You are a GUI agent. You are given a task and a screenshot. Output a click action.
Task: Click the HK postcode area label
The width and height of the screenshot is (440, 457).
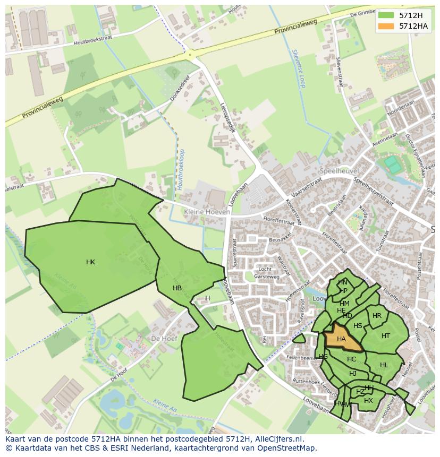click(x=90, y=262)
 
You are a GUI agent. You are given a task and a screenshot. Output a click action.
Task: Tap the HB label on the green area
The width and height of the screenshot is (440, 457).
click(x=177, y=288)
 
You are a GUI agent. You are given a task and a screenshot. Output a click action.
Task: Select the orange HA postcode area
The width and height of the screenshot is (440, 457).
click(x=341, y=339)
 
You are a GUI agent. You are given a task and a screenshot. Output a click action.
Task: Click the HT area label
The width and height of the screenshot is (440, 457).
click(x=386, y=335)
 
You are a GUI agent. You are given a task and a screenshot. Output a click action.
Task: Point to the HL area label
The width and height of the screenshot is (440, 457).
click(x=384, y=365)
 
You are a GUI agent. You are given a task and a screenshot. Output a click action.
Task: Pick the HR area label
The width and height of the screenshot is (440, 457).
click(x=377, y=316)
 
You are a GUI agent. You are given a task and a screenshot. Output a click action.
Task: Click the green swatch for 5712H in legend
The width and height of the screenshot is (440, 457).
click(x=386, y=15)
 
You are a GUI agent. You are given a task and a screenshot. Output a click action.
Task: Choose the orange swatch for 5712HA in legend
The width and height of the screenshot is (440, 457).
click(x=386, y=26)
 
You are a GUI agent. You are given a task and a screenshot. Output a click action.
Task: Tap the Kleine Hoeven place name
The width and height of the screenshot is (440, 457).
click(x=207, y=212)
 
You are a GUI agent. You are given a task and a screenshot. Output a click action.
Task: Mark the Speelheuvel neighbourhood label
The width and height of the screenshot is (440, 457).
click(x=340, y=171)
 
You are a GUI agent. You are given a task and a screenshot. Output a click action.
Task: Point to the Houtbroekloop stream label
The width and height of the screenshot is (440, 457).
click(x=181, y=169)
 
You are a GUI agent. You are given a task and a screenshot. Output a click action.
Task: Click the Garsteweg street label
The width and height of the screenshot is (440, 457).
click(x=266, y=277)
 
